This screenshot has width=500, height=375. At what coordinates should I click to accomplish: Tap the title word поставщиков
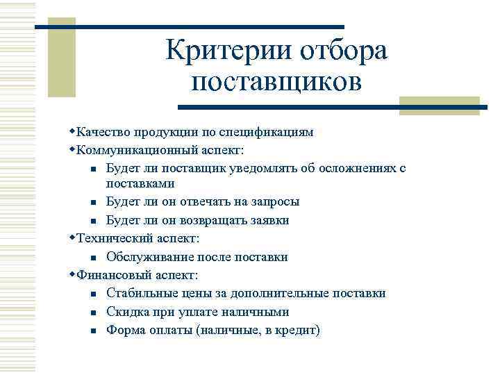click(276, 82)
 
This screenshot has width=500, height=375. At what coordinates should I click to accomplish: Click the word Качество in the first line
click(101, 131)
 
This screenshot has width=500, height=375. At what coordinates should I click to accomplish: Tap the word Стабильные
click(140, 294)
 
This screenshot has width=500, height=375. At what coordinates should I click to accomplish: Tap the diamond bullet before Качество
click(73, 131)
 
